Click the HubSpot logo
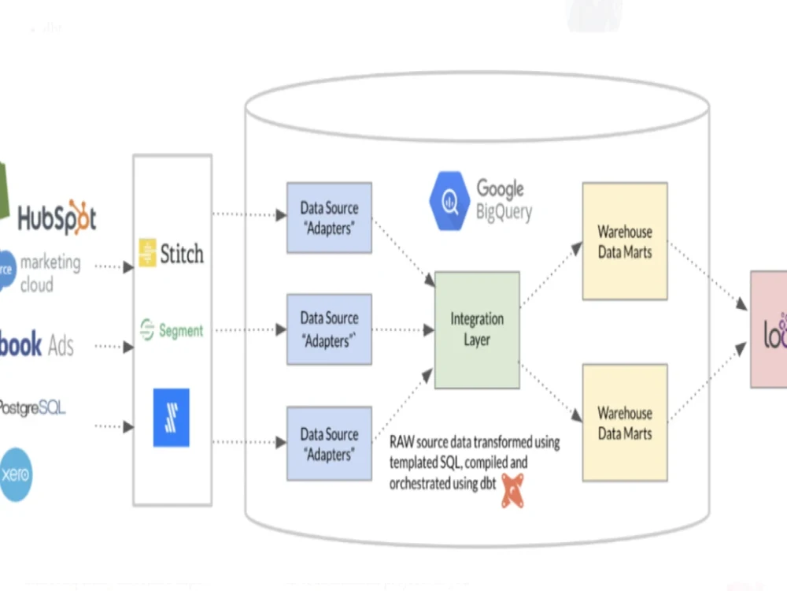(57, 217)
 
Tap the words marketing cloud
(50, 273)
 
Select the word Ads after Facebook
(61, 345)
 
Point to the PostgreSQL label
(32, 407)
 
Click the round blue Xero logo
(16, 474)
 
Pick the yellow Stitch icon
(147, 253)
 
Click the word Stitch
(182, 254)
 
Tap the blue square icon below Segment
(171, 418)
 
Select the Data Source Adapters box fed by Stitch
(329, 217)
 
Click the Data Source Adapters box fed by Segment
(329, 329)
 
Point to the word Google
(500, 189)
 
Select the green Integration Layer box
(477, 329)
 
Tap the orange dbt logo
(512, 489)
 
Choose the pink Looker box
(769, 329)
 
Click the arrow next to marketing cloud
(114, 267)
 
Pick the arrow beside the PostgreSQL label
(114, 426)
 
